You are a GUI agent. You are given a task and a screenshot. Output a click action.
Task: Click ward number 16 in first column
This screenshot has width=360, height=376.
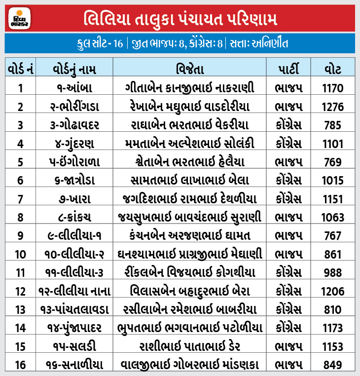(x=20, y=365)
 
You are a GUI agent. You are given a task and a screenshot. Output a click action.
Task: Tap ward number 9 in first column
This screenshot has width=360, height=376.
(x=20, y=236)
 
